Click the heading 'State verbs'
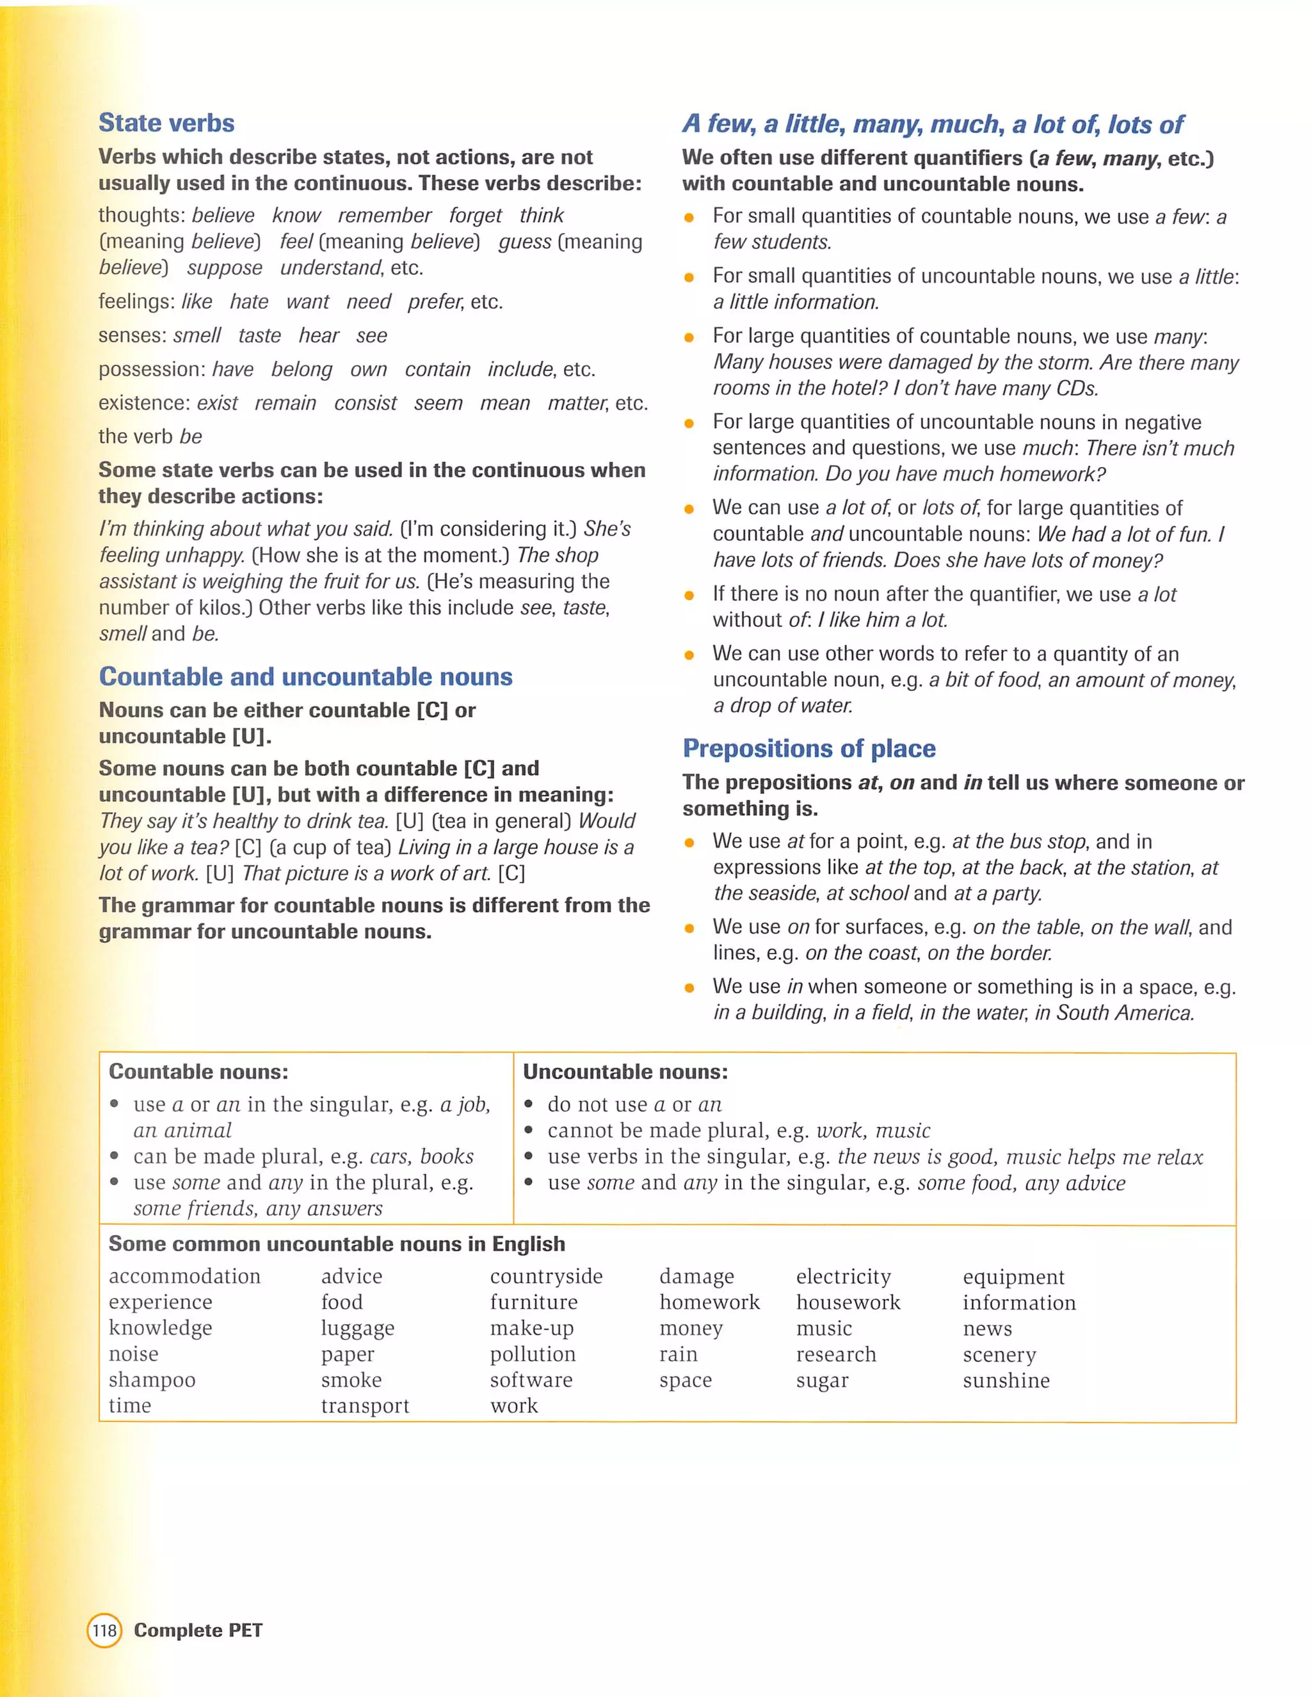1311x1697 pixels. point(166,123)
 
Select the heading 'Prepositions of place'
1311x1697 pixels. point(809,748)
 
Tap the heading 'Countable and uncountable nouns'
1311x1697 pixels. point(305,677)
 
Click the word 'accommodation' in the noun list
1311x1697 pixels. point(184,1277)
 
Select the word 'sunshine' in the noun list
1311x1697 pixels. point(1006,1381)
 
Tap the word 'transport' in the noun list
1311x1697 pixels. point(364,1406)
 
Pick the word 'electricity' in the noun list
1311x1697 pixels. point(843,1277)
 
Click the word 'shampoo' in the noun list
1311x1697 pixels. point(152,1380)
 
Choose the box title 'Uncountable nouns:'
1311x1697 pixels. point(625,1072)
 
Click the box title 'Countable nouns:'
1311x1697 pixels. point(198,1072)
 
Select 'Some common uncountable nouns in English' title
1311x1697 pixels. point(337,1244)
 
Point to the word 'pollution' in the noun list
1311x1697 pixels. point(533,1354)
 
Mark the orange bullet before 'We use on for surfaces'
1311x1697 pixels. point(689,928)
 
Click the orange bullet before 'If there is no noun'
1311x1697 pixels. point(689,595)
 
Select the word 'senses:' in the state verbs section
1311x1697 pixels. point(131,336)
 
